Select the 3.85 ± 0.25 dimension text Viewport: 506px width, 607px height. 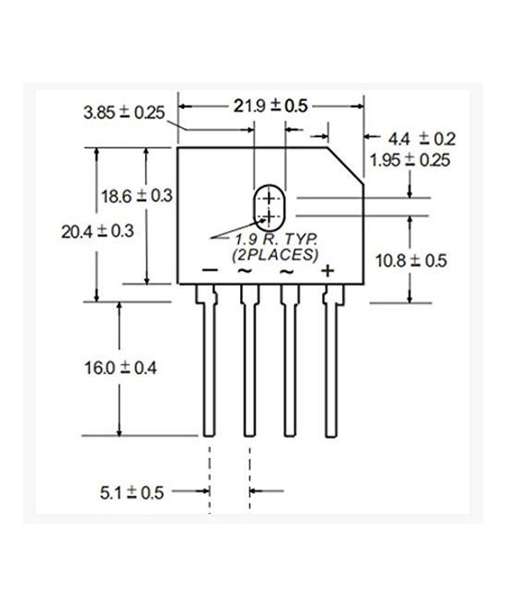(123, 113)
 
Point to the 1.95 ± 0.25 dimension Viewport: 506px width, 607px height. (409, 159)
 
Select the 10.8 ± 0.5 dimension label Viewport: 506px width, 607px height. (411, 260)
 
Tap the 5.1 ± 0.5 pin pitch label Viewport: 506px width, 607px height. (132, 492)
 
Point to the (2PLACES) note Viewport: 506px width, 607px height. (274, 253)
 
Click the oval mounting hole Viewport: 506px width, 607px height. (269, 207)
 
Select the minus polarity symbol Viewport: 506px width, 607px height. (210, 270)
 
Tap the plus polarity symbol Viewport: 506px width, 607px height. (326, 270)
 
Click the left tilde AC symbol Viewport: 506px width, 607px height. (247, 271)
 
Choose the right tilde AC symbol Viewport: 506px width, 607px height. (286, 271)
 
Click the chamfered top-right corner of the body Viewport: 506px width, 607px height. (346, 166)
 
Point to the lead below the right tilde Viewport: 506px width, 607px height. (289, 368)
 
